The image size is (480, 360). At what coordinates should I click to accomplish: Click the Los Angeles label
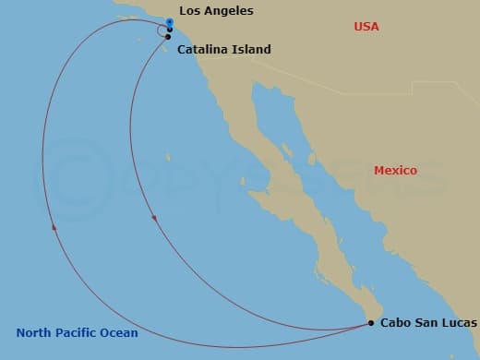click(216, 11)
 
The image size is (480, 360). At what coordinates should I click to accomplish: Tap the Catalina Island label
click(223, 49)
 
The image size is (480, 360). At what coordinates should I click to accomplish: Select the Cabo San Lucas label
click(429, 323)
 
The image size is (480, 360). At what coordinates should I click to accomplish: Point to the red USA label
click(367, 27)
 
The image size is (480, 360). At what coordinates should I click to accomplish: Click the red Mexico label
click(395, 171)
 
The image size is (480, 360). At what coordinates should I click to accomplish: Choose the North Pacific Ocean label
click(77, 333)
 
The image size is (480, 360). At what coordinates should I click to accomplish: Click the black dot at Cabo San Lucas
click(371, 323)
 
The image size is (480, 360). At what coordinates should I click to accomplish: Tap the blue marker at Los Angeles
click(170, 21)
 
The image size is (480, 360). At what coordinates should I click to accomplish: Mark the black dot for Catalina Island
click(168, 37)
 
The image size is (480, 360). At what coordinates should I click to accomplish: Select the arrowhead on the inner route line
click(153, 219)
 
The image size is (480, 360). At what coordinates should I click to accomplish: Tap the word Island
click(253, 49)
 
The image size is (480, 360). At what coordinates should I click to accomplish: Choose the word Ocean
click(120, 333)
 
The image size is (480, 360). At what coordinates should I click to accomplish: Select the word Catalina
click(203, 49)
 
